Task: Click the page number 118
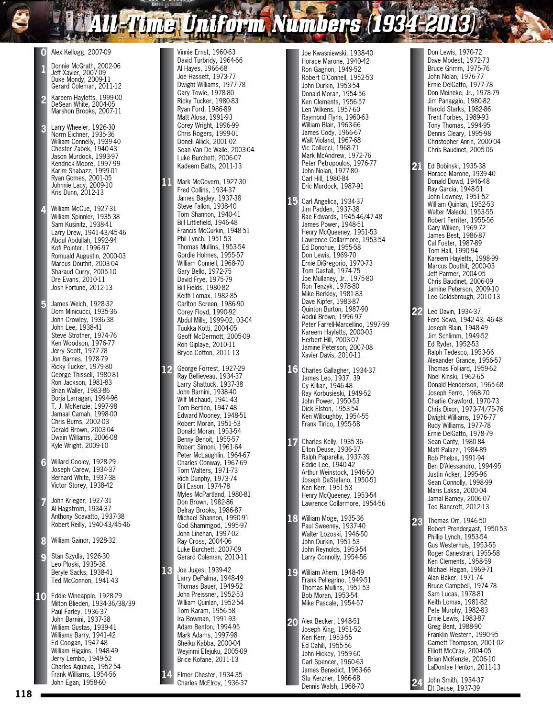pos(23,694)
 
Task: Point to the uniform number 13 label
pos(166,571)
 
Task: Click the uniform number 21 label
pos(417,167)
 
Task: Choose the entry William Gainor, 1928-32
pos(83,540)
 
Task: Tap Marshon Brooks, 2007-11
pos(86,111)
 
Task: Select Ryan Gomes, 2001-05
pos(81,178)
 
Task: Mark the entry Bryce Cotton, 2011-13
pos(208,353)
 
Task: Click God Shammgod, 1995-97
pos(212,526)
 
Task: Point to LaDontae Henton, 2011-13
pos(464,667)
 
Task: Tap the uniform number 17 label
pos(292,442)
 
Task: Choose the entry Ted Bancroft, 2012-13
pos(458,506)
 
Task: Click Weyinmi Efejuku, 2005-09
pos(212,651)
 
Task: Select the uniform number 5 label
pos(44,304)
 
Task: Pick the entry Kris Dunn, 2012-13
pos(77,192)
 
